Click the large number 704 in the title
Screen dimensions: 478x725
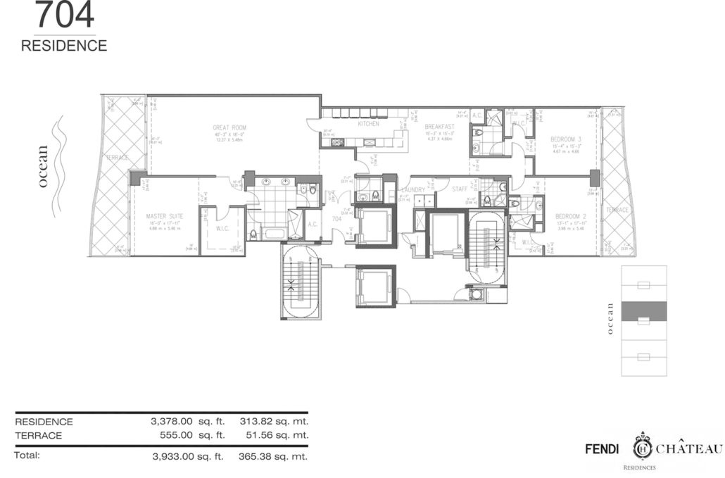point(64,15)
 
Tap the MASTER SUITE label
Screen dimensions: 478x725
point(164,215)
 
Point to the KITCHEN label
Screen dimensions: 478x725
point(368,124)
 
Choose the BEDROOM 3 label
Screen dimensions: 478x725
point(565,140)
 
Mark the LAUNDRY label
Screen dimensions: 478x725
point(412,190)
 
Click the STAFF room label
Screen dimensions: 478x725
point(460,190)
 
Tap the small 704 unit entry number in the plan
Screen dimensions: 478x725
point(336,219)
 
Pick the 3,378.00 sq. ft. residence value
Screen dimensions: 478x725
point(187,422)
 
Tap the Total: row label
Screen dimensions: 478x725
point(27,455)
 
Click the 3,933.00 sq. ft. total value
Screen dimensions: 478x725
point(187,456)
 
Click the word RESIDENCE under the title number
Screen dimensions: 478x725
point(64,46)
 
